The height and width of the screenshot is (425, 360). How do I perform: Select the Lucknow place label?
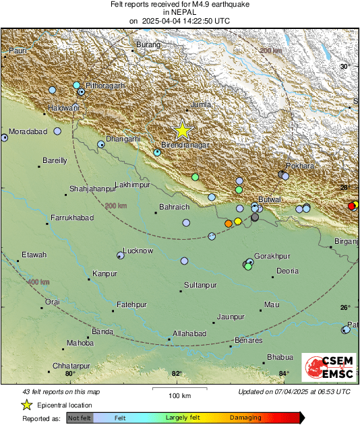138,251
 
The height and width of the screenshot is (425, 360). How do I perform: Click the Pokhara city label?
299,166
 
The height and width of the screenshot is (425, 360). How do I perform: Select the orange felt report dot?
229,224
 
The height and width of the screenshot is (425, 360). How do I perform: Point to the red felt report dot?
351,206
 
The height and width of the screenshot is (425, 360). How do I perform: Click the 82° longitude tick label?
177,374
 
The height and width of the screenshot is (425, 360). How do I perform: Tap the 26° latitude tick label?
344,307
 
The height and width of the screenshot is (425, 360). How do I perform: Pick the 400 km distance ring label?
38,282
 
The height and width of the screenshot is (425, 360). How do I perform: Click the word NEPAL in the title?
179,12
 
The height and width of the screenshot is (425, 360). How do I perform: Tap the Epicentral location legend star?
27,405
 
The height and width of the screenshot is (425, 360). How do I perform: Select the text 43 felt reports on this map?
62,391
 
